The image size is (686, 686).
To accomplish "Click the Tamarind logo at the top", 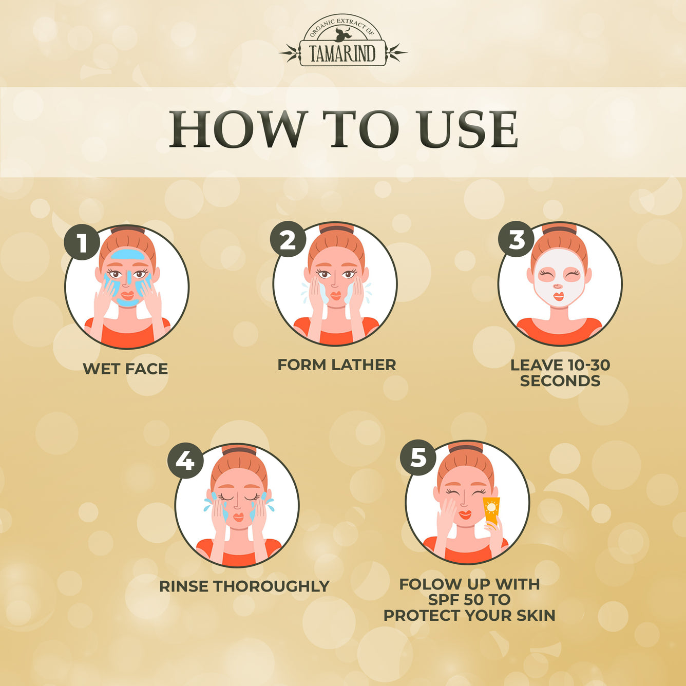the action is [x=343, y=44].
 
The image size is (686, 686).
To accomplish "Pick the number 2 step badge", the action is [x=288, y=239].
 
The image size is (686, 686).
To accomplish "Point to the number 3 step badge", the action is [x=516, y=239].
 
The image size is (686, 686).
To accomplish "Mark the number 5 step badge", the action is [x=418, y=458].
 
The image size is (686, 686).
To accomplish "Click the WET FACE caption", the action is [x=125, y=369].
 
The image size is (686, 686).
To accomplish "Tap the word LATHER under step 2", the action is [x=364, y=365].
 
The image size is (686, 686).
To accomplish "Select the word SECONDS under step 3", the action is [x=560, y=381].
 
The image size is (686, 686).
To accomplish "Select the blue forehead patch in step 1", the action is [x=127, y=255].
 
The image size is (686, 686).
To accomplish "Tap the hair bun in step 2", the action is [x=336, y=228].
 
